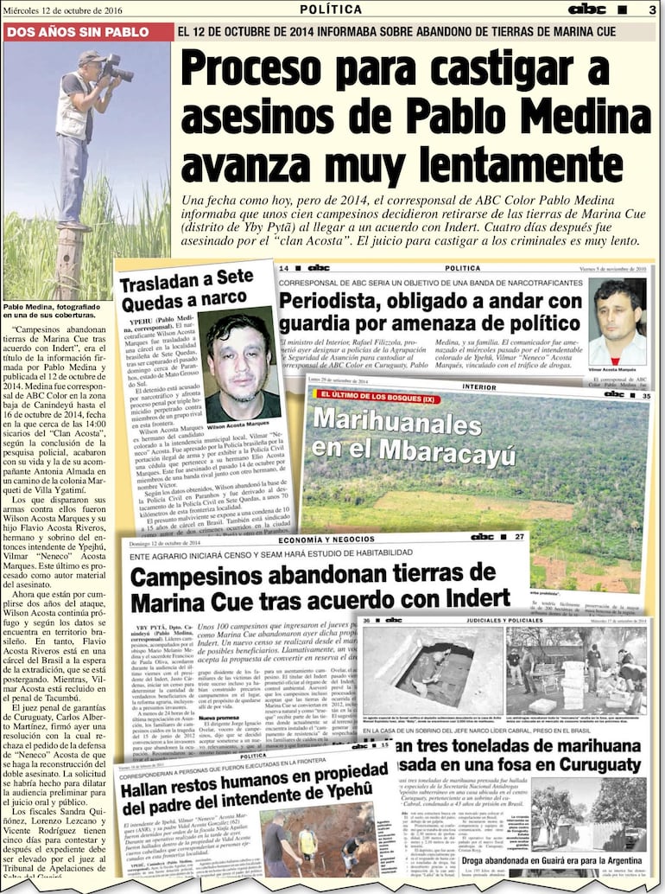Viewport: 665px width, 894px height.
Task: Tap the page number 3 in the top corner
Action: (652, 10)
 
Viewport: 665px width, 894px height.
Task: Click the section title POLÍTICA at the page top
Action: (331, 10)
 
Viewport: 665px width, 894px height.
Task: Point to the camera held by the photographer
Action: (114, 68)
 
